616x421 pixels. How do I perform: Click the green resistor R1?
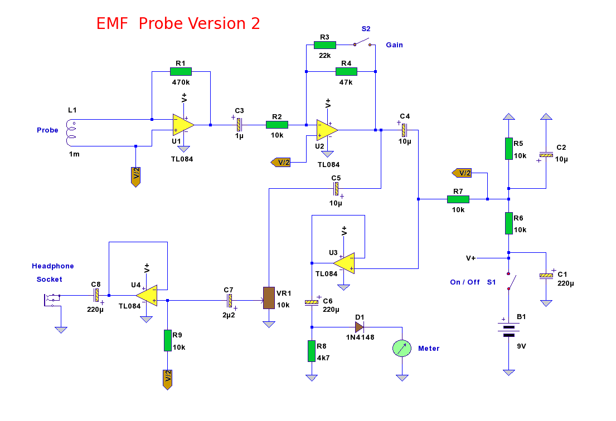[181, 71]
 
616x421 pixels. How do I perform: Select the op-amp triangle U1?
[183, 125]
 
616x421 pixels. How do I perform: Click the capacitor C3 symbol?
[239, 125]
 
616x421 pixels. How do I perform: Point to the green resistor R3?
[324, 45]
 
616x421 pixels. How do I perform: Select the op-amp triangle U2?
[327, 130]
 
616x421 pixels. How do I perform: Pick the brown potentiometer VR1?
[269, 298]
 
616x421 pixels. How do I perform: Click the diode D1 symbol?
[359, 327]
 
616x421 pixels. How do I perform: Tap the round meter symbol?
[402, 348]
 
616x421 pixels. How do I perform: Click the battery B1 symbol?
[508, 331]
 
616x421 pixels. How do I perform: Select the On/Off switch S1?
[510, 281]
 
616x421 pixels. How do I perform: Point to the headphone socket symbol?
[51, 300]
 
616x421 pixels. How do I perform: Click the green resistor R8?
[312, 351]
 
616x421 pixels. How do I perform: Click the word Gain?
[395, 45]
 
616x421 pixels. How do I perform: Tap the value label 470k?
[181, 82]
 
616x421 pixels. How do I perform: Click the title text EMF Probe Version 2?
[178, 23]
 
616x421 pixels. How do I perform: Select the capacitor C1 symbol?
[546, 276]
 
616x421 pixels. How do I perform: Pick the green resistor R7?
[458, 199]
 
